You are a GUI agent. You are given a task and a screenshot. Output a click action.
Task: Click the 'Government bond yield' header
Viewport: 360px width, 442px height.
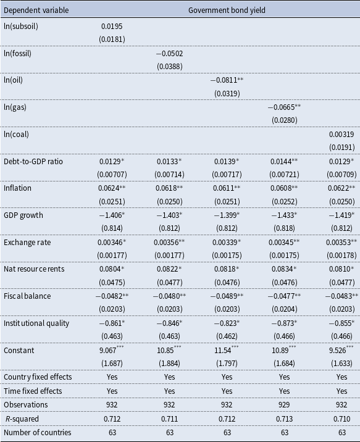tap(227, 10)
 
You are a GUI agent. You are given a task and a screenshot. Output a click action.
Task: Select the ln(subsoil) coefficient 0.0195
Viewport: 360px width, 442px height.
tap(112, 26)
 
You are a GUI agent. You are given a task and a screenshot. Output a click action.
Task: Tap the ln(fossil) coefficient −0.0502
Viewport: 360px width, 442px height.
tap(169, 53)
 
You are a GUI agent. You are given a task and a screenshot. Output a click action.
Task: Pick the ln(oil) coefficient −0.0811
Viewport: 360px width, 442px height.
tap(227, 80)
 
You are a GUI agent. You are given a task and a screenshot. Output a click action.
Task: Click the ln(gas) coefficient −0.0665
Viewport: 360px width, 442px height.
tap(284, 107)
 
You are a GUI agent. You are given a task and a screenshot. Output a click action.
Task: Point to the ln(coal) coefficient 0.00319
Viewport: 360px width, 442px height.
tap(341, 134)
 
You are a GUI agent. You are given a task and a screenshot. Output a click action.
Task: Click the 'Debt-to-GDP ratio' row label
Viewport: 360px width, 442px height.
tap(33, 162)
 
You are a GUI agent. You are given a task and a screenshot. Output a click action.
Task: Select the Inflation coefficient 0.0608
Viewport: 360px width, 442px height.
tap(284, 188)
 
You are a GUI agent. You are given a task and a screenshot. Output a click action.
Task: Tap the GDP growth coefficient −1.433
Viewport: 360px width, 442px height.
tap(284, 215)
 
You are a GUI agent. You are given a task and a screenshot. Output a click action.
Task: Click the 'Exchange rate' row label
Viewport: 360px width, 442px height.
tap(27, 243)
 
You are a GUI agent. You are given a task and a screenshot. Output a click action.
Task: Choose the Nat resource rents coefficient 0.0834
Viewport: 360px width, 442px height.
tap(284, 269)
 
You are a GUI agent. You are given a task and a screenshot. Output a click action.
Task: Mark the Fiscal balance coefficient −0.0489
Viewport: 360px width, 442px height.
tap(227, 296)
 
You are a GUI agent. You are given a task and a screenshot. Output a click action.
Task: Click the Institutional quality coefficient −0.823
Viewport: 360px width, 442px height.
tap(227, 323)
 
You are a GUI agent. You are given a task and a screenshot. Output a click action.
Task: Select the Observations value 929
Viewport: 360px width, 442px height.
tap(284, 404)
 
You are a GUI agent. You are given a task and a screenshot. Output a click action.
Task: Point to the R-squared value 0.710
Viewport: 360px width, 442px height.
tap(341, 419)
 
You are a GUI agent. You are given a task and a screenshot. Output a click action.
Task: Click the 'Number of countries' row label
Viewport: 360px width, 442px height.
tap(38, 432)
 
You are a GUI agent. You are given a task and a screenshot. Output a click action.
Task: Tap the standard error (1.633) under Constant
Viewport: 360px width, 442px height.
tap(341, 364)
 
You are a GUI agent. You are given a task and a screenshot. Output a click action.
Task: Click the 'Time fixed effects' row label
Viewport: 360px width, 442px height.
tap(33, 391)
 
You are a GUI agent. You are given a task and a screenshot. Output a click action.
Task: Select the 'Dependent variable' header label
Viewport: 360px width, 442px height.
tap(36, 10)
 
